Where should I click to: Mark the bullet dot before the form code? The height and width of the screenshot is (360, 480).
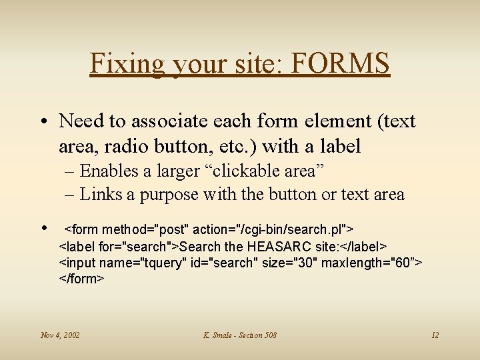[x=45, y=228]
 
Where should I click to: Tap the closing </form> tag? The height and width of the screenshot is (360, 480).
[x=82, y=279]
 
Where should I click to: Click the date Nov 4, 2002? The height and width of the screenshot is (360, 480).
[x=60, y=335]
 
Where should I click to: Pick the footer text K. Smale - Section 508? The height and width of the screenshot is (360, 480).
[x=240, y=335]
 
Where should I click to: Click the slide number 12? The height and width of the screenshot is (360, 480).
[x=435, y=335]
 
